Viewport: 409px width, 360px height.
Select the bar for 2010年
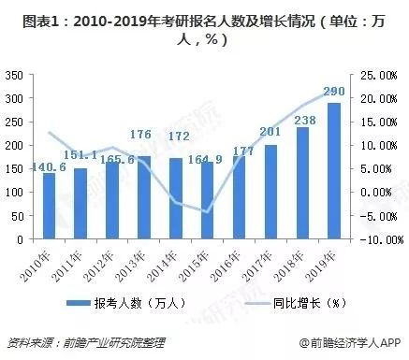click(50, 206)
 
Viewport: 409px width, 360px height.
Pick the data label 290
click(331, 93)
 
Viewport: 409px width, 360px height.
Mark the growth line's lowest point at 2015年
click(205, 212)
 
